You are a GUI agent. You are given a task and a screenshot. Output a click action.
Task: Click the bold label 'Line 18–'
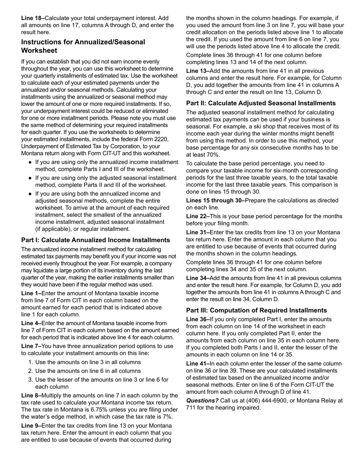pos(33,18)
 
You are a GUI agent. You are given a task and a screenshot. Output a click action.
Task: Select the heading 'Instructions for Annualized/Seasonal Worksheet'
pos(83,46)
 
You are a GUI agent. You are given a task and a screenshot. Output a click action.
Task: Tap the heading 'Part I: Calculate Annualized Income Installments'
pos(95,240)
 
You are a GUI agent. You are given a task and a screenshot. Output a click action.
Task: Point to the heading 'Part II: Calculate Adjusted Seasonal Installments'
pos(261,103)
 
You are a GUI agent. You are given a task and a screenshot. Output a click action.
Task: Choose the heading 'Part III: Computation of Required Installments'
pos(257,310)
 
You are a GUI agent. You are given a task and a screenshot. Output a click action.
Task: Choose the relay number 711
pos(191,408)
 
